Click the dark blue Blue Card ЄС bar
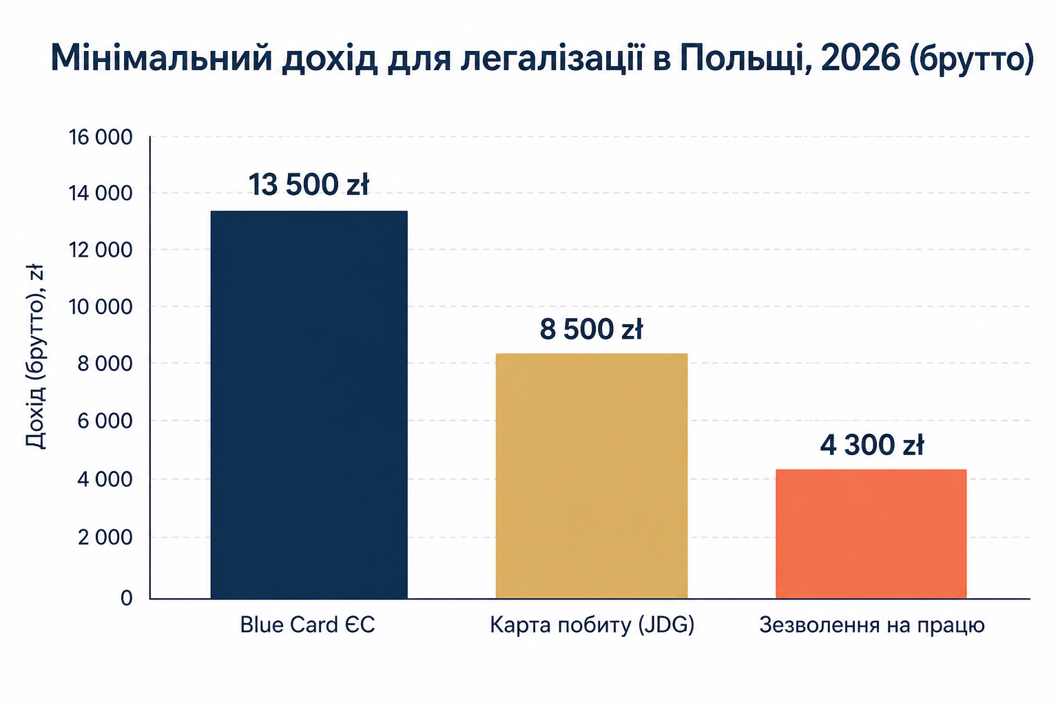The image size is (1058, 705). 309,405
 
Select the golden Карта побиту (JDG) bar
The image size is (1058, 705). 592,476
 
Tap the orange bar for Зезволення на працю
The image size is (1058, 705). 871,534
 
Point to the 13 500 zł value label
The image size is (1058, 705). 309,185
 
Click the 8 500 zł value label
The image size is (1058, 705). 592,329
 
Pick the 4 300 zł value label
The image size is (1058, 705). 872,445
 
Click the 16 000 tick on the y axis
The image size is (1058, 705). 101,138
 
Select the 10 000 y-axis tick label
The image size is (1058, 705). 101,307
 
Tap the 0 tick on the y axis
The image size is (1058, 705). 126,598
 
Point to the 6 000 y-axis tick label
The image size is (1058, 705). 105,421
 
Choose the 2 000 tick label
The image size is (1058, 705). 105,538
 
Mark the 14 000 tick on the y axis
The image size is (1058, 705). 101,193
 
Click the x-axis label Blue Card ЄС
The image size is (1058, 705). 307,624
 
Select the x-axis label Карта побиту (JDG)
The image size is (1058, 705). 592,625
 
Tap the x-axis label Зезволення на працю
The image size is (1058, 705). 872,626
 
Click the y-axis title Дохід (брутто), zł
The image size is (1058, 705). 35,357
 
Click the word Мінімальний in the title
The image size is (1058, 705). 162,58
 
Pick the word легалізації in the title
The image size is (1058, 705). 552,58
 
